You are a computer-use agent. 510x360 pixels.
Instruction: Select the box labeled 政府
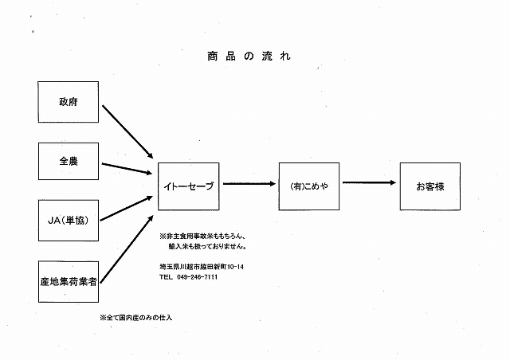click(69, 103)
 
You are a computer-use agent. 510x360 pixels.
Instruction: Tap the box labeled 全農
click(69, 162)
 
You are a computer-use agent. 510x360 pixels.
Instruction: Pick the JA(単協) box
click(69, 221)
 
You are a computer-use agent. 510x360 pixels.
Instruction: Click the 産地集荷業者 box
click(69, 281)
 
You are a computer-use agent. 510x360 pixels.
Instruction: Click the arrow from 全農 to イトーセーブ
click(127, 168)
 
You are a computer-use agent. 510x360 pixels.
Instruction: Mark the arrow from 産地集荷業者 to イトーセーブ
click(127, 243)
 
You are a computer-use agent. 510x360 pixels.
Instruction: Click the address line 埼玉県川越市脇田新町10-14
click(201, 265)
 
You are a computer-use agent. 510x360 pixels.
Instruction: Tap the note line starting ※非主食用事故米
click(202, 237)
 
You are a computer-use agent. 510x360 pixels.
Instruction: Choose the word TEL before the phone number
click(166, 276)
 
